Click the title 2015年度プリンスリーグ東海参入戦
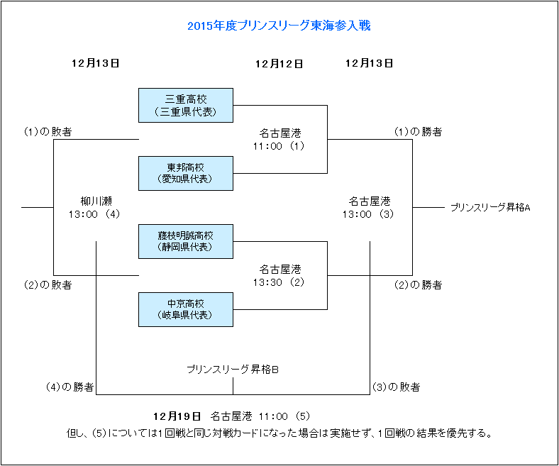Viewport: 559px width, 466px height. click(279, 26)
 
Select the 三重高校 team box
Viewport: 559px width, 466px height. click(186, 105)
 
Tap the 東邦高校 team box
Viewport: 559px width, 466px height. click(186, 173)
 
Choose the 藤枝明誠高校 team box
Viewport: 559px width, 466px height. click(186, 241)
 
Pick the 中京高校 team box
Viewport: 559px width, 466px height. click(186, 309)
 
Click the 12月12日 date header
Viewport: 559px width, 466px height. click(279, 64)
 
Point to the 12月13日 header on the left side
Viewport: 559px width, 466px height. click(95, 63)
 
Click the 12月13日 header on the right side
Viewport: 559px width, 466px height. click(369, 63)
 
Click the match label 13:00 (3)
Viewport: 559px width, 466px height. click(369, 214)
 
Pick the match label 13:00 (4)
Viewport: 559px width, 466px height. click(95, 214)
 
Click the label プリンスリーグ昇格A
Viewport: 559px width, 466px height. click(490, 208)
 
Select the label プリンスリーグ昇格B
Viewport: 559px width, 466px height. click(233, 370)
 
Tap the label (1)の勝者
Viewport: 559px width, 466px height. click(419, 132)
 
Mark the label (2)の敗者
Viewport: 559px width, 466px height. click(48, 285)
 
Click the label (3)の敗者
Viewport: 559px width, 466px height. click(396, 387)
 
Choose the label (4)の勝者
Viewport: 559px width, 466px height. click(70, 387)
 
